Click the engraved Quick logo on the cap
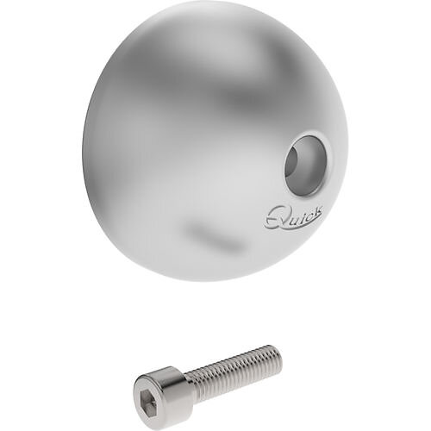point(291,217)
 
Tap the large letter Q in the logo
point(273,219)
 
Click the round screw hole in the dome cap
point(306,166)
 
